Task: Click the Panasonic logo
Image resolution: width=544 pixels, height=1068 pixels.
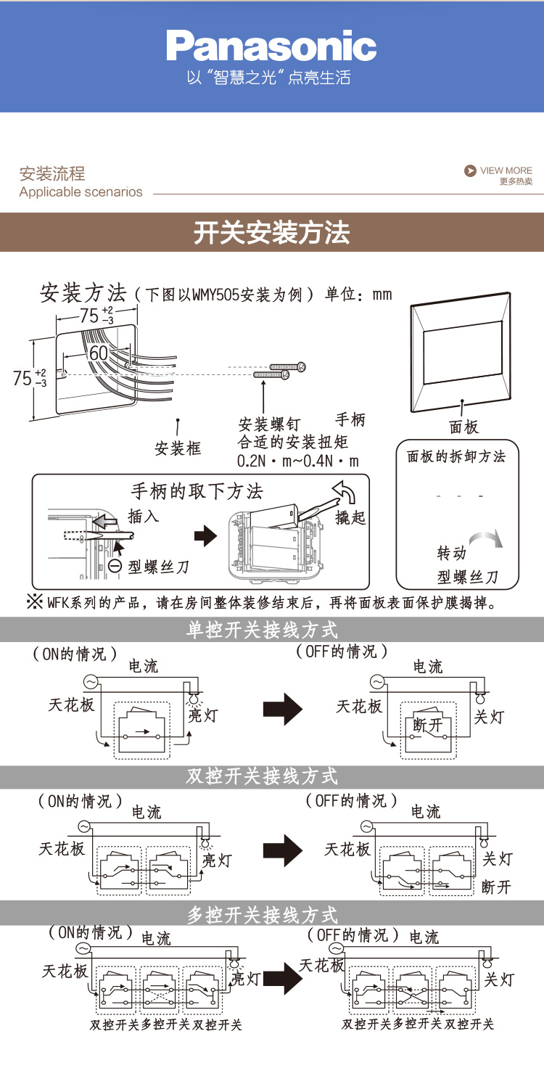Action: (x=271, y=46)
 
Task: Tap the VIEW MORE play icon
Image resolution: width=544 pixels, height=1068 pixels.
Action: (x=470, y=171)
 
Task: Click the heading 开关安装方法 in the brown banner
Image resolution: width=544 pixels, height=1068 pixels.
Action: (x=271, y=233)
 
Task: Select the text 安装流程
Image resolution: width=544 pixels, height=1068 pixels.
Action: (x=52, y=173)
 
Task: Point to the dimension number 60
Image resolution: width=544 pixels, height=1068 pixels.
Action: (x=98, y=353)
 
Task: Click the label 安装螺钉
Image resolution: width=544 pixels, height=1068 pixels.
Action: (x=268, y=424)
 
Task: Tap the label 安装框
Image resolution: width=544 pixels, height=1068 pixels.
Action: (x=178, y=448)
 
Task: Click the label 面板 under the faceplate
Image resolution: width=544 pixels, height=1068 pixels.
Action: (x=464, y=427)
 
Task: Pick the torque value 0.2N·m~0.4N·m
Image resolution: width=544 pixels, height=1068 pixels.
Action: (x=298, y=461)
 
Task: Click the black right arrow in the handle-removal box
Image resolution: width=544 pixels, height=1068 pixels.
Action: (x=205, y=537)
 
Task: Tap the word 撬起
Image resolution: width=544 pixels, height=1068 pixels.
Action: (x=350, y=518)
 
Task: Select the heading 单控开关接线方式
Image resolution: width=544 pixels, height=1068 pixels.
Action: (x=262, y=630)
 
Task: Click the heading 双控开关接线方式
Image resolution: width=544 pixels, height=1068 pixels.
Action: (x=262, y=777)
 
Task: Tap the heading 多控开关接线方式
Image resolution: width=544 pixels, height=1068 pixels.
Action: (x=262, y=914)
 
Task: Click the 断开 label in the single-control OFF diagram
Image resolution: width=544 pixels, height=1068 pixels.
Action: (x=427, y=725)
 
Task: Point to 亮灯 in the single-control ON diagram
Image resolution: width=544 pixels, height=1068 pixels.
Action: (x=202, y=715)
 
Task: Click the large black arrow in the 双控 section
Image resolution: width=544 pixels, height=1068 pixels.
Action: (x=283, y=851)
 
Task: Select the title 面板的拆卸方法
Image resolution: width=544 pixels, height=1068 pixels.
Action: (x=456, y=456)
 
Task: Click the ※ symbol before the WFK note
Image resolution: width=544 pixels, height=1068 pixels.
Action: (x=36, y=601)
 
